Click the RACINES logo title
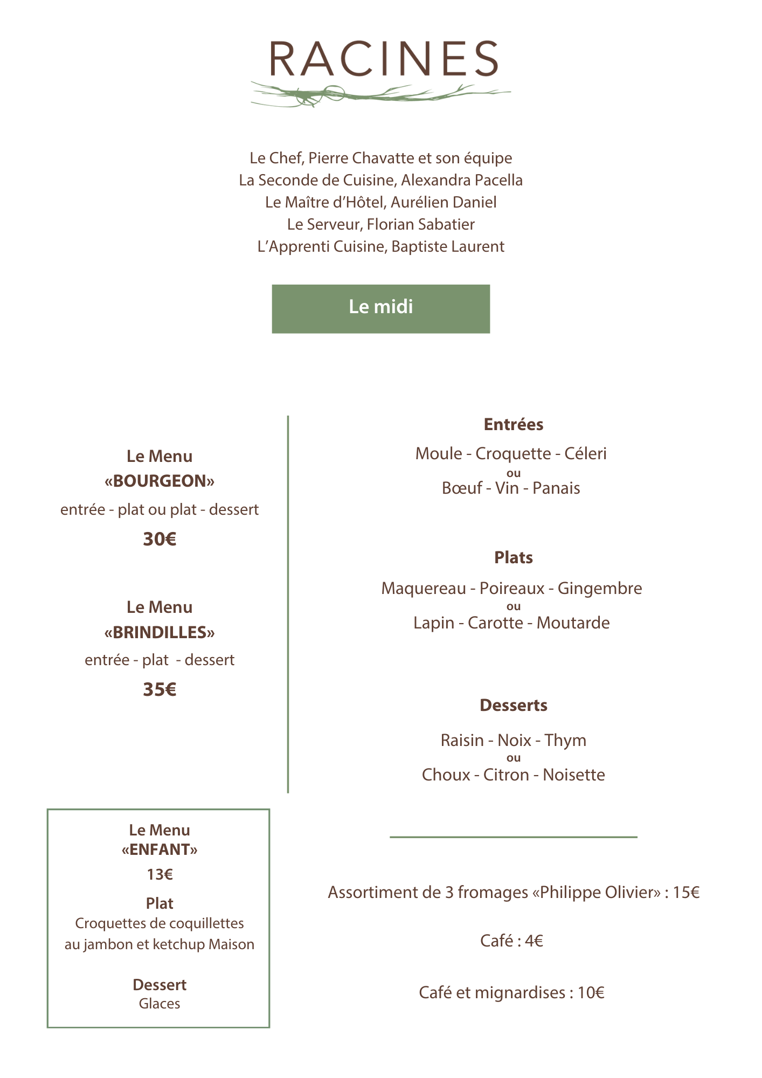[384, 59]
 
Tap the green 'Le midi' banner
[381, 309]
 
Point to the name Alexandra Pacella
[462, 180]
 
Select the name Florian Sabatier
[421, 224]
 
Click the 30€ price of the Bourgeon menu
[160, 539]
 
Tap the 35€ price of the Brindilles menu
[160, 689]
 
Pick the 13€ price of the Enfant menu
[160, 874]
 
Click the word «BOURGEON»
[160, 481]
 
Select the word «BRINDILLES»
[160, 632]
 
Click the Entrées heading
[514, 425]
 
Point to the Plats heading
[514, 557]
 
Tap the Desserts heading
[514, 706]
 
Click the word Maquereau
[424, 589]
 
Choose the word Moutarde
[573, 623]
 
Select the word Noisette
[574, 775]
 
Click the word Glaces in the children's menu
[160, 1004]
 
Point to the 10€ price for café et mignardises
[591, 993]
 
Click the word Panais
[556, 488]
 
